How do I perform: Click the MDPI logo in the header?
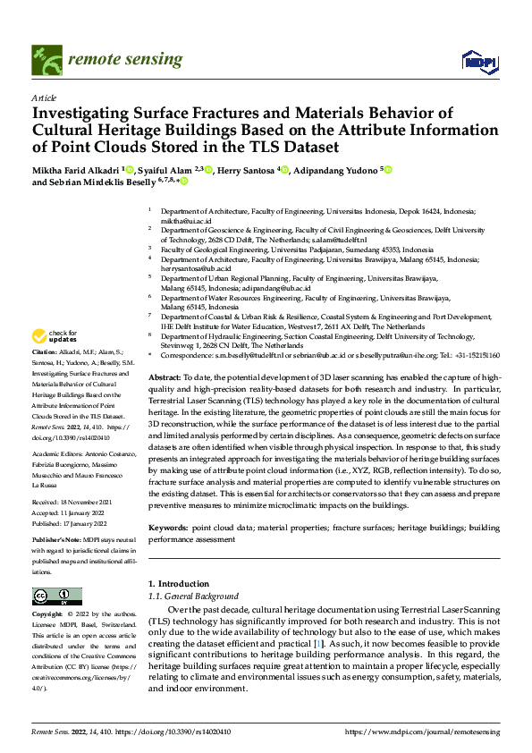[x=478, y=60]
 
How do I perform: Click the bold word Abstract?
[x=165, y=379]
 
